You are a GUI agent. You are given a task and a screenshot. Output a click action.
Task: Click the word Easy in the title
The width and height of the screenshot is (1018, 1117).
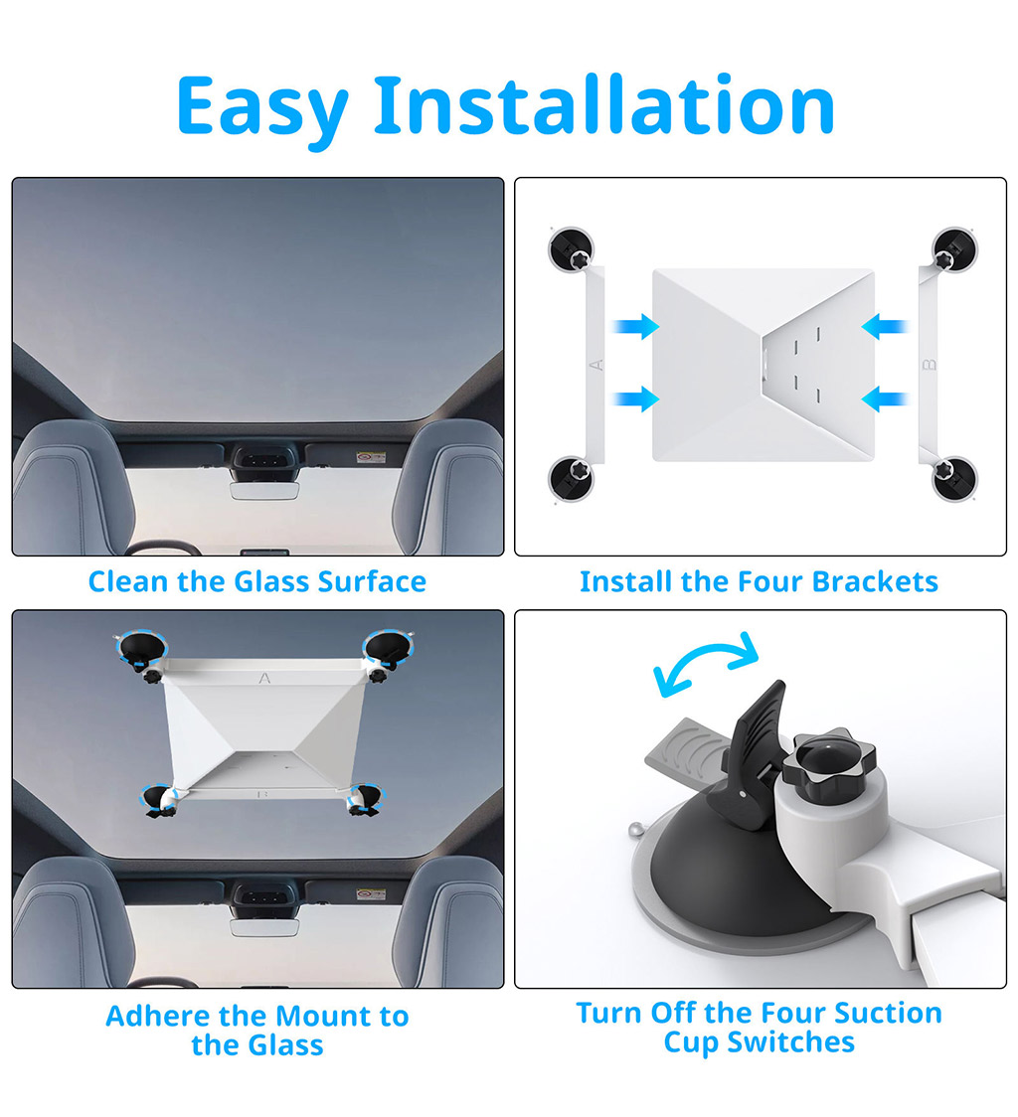[261, 108]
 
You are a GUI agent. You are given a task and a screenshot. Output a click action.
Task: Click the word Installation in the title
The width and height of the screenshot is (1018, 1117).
[603, 104]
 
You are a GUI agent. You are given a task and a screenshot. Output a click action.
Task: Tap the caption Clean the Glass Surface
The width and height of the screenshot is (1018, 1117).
[257, 581]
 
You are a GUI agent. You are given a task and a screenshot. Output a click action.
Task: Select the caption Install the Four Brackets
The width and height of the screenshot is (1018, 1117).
[759, 581]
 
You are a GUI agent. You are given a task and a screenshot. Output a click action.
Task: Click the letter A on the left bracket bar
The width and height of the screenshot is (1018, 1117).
[596, 365]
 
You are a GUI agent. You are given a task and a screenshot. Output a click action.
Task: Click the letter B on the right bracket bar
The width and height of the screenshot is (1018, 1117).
[930, 365]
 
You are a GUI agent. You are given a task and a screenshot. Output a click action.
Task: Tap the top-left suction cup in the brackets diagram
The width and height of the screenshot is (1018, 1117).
[571, 249]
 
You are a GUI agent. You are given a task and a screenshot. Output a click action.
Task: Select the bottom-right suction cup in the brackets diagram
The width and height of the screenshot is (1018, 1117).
[955, 478]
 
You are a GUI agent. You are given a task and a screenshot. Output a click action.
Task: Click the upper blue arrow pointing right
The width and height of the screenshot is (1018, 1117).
[636, 326]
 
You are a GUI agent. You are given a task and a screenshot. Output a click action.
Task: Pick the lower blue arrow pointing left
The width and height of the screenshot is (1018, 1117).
[885, 399]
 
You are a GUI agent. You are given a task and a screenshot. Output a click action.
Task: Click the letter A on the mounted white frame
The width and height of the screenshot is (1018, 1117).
[264, 678]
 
